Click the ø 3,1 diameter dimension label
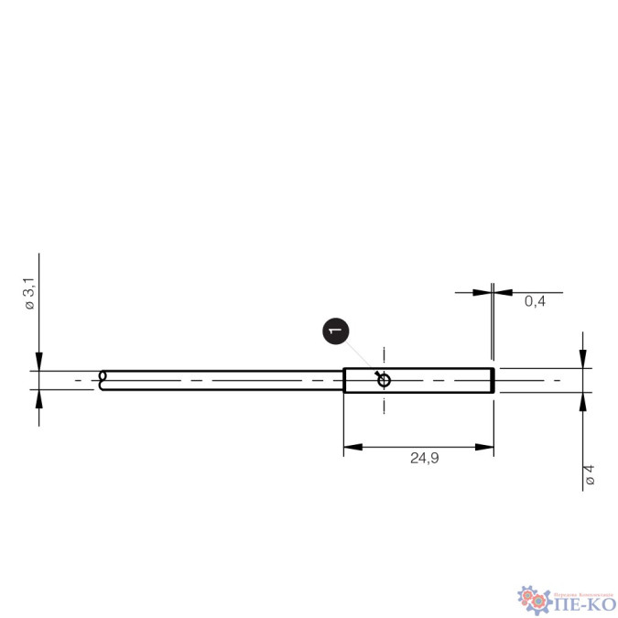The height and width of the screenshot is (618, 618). tap(30, 298)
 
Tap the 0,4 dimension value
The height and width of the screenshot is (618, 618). tap(535, 301)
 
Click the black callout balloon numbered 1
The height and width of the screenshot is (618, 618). tap(335, 331)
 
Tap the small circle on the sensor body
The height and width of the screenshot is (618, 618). tap(384, 380)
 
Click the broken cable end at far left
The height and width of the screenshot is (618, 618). tap(103, 380)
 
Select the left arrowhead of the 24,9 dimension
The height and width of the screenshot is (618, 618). tap(351, 447)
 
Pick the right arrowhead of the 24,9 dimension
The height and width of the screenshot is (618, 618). tap(487, 447)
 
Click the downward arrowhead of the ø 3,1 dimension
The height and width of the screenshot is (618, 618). tap(38, 363)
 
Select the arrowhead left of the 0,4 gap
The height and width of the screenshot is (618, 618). tap(482, 292)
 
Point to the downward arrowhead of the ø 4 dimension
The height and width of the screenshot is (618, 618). tap(583, 359)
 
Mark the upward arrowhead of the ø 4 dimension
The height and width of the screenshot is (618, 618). tap(583, 401)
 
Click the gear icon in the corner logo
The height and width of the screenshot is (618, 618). tap(530, 597)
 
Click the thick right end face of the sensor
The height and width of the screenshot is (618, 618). tap(493, 380)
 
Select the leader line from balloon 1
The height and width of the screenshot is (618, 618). tap(363, 358)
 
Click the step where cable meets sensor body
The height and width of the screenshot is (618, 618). tap(344, 380)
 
